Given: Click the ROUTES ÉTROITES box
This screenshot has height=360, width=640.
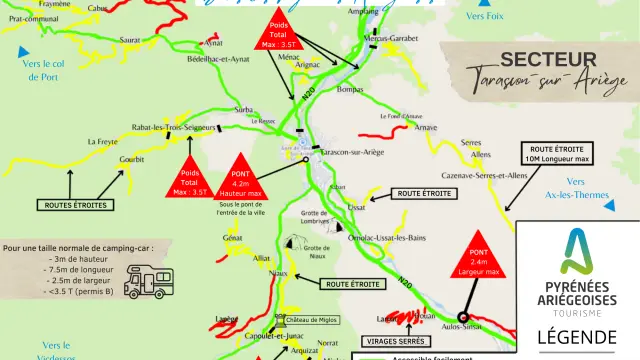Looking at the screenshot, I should (x=74, y=205).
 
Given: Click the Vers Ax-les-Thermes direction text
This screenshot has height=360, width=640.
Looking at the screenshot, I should (x=574, y=189).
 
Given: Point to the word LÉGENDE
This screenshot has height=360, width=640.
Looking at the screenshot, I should (x=578, y=337).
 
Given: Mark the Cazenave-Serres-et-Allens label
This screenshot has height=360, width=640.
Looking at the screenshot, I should (x=489, y=175).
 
